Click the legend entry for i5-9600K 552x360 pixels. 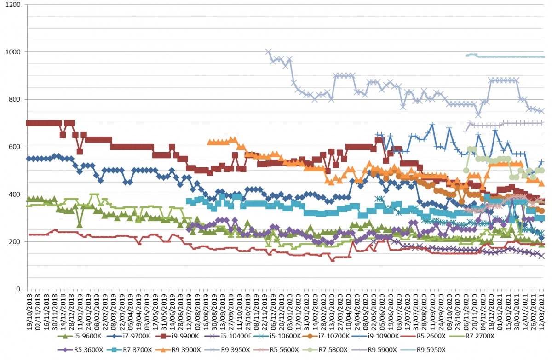[x=79, y=337]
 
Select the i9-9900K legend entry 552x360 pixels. [x=177, y=337]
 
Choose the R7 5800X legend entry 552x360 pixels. [x=325, y=350]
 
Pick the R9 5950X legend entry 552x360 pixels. [x=423, y=350]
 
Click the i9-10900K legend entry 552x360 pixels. [x=375, y=337]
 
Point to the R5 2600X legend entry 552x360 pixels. [x=423, y=337]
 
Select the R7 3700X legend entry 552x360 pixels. [x=130, y=350]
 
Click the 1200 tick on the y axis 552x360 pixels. [x=13, y=5]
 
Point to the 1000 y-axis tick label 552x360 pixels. [x=13, y=52]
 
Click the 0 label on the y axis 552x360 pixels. [x=18, y=289]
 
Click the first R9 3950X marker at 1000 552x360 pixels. [x=268, y=52]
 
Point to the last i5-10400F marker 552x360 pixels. [x=541, y=256]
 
